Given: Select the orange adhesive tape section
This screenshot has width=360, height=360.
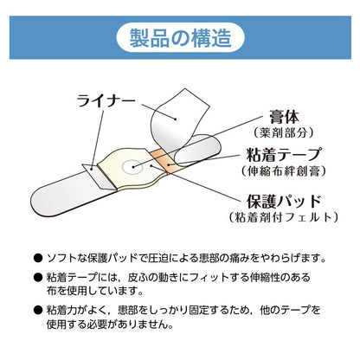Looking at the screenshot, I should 164,157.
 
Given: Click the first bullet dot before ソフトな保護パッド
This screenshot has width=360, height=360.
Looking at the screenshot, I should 37,256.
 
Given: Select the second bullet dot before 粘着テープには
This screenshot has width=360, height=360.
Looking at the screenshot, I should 37,276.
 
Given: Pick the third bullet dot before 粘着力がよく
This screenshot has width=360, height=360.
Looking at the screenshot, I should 37,311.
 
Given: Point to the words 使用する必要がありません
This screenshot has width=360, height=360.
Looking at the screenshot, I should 121,326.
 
